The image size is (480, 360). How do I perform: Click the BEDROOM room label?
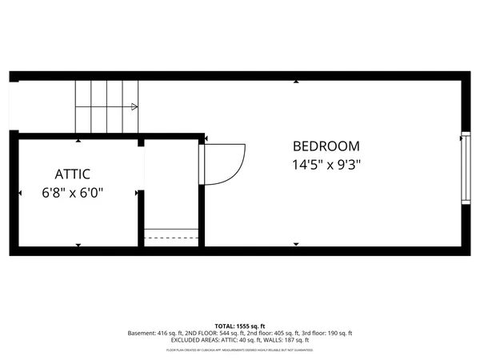click(x=326, y=146)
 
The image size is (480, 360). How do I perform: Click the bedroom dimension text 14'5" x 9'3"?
click(x=326, y=166)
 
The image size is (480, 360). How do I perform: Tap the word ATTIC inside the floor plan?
click(x=72, y=174)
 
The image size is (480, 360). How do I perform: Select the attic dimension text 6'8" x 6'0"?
click(x=73, y=193)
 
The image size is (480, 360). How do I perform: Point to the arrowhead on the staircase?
click(x=134, y=106)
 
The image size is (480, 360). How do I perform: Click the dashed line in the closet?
click(x=170, y=238)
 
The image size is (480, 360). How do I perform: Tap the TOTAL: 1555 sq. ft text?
click(x=239, y=326)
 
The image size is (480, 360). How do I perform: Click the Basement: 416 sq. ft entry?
click(x=154, y=333)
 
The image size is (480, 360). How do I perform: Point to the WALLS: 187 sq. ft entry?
click(x=290, y=339)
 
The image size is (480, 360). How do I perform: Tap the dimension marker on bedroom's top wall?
click(x=296, y=82)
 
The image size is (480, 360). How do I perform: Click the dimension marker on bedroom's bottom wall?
click(x=296, y=244)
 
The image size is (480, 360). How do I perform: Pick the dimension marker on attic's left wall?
click(x=20, y=193)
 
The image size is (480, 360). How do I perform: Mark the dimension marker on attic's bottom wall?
click(x=78, y=244)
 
